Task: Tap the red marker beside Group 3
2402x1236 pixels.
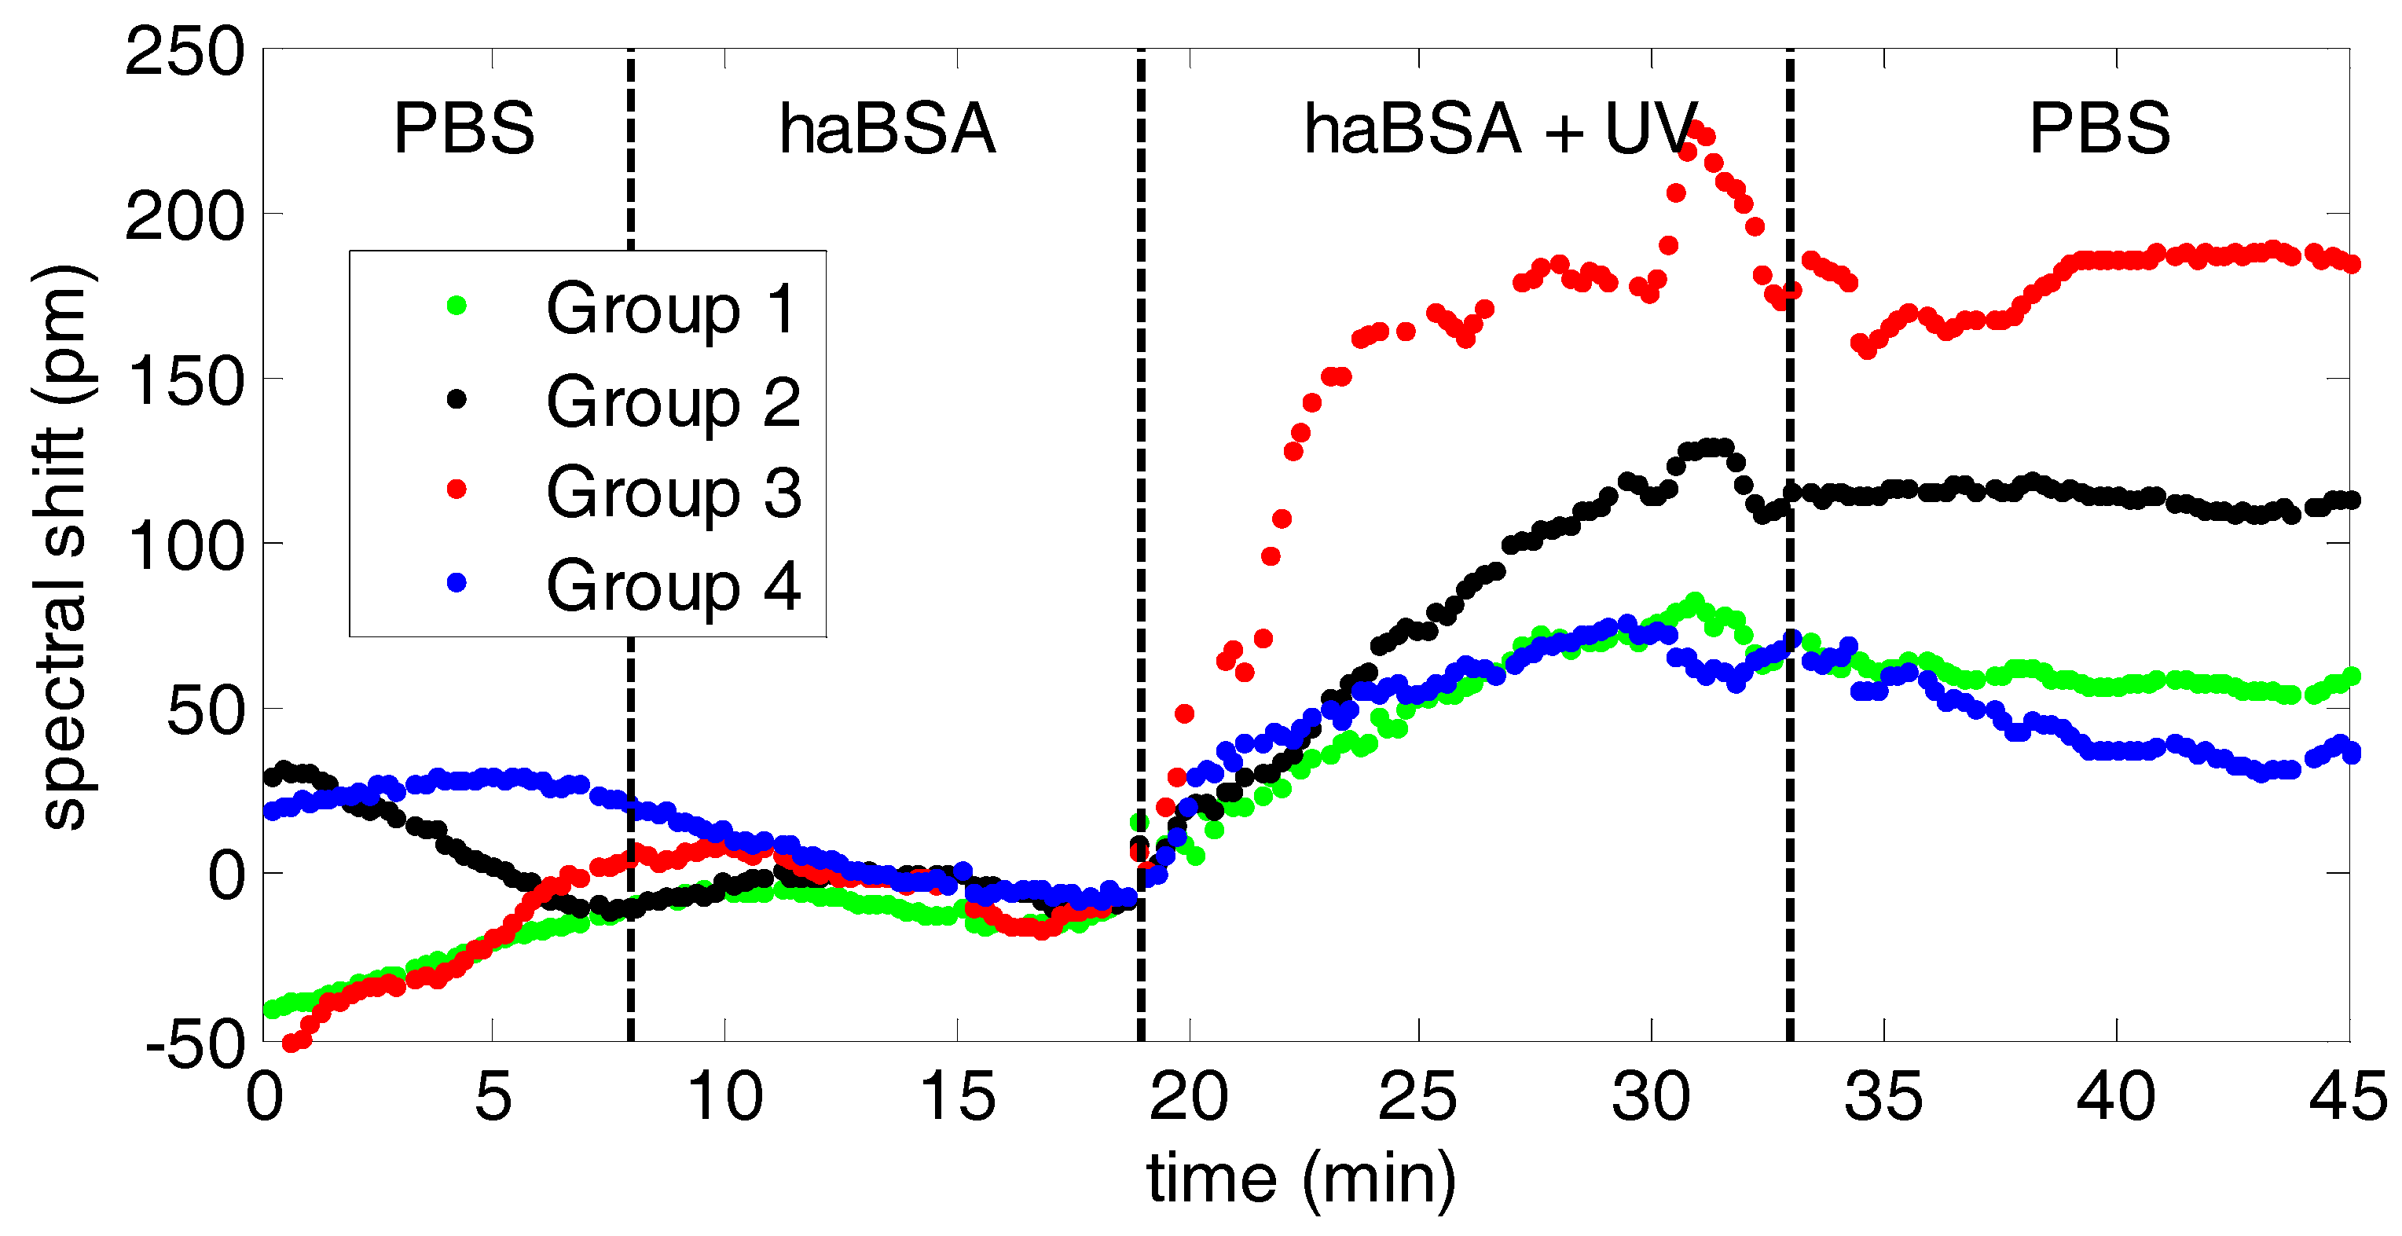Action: point(457,490)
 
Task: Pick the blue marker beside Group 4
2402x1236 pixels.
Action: point(457,583)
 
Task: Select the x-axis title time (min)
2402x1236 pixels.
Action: point(1300,1180)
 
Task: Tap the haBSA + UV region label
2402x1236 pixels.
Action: point(1502,129)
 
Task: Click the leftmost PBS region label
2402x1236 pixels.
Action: point(464,129)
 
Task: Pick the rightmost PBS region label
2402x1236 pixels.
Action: point(2100,129)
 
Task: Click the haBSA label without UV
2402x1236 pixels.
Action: point(888,129)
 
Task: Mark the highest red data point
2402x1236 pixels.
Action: point(1695,129)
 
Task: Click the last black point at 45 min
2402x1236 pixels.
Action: point(2351,501)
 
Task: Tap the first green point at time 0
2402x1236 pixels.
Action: point(271,1010)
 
